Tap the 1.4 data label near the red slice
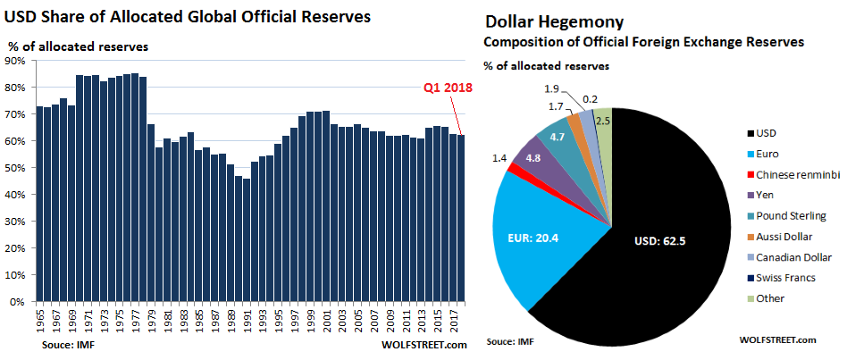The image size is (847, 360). [499, 157]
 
